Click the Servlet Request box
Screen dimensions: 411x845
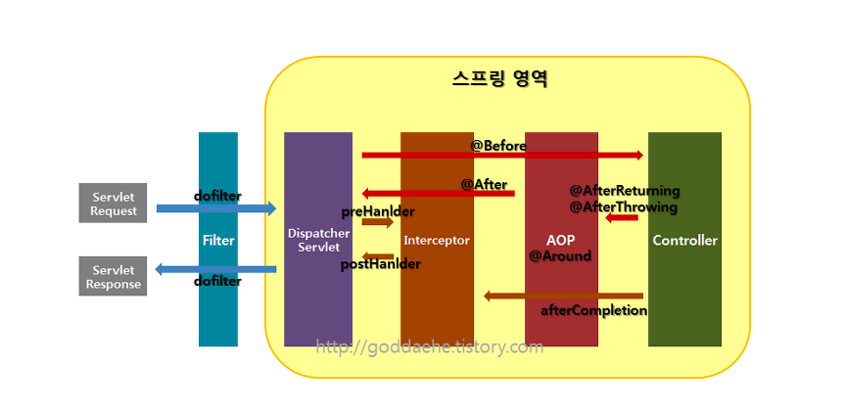coord(113,203)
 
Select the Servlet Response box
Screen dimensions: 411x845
coord(113,276)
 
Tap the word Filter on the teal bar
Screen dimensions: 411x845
coord(218,240)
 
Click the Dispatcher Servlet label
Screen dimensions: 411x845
coord(318,240)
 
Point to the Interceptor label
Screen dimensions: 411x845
coord(437,240)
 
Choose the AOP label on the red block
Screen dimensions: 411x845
coord(561,239)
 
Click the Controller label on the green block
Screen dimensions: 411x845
coord(684,240)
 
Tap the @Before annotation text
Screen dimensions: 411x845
coord(498,146)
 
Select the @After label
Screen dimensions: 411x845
coord(484,184)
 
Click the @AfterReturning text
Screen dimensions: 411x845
coord(625,191)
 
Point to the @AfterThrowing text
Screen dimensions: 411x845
coord(624,206)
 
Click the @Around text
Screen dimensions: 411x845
coord(560,256)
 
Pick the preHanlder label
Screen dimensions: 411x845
coord(378,211)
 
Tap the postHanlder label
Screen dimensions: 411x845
coord(381,264)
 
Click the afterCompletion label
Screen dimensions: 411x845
coord(594,310)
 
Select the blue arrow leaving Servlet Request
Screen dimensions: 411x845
coord(215,208)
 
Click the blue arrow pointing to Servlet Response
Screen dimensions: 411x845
coord(215,269)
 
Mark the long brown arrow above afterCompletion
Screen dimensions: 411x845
coord(563,296)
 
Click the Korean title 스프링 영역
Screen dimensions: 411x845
coord(499,79)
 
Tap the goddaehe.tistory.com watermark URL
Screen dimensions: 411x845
coord(429,346)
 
